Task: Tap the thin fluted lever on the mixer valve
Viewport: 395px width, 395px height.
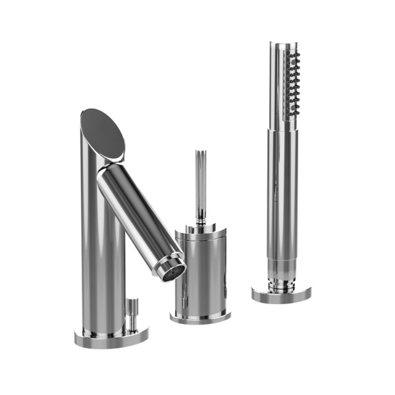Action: [x=200, y=178]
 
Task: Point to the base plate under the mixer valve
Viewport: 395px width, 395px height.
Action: [x=200, y=317]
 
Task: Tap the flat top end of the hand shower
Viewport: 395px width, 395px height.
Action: [x=283, y=45]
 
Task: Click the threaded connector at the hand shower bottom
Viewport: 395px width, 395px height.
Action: [x=282, y=284]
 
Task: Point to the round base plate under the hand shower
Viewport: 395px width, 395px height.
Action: [x=282, y=294]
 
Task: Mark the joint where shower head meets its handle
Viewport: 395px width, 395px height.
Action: [x=282, y=126]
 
